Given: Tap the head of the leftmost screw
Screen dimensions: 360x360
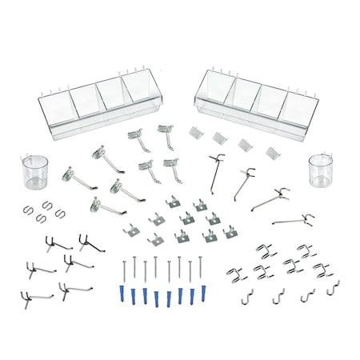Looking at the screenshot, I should [x=125, y=260].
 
